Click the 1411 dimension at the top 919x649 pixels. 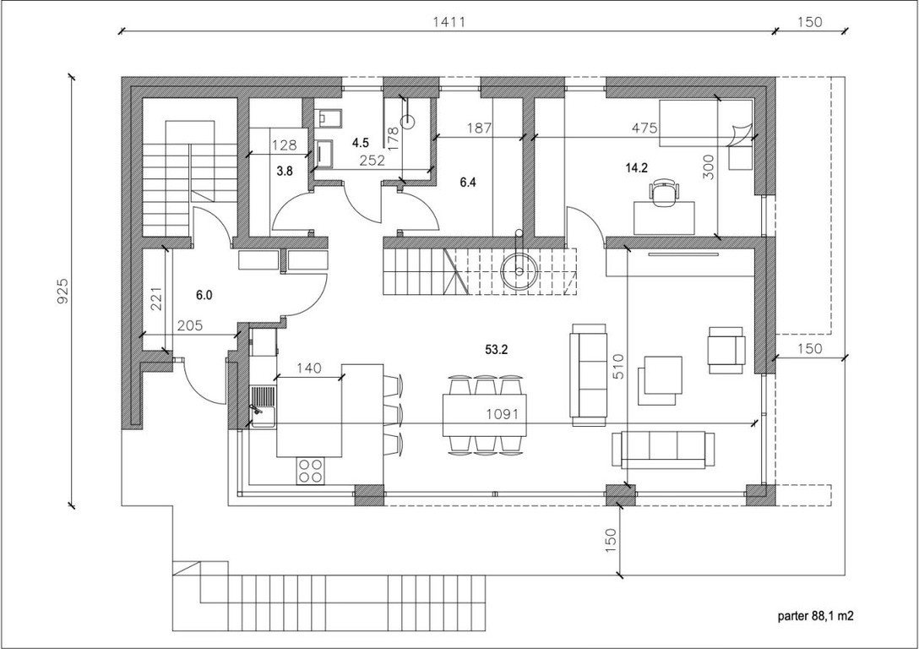(449, 22)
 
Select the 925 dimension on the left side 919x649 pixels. (63, 290)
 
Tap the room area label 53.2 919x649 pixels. (496, 350)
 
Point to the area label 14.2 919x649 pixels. (637, 168)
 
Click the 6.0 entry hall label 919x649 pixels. (204, 296)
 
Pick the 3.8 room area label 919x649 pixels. (285, 172)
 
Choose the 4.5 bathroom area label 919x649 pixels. (361, 143)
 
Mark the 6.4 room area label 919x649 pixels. (468, 183)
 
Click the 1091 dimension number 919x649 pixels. (503, 414)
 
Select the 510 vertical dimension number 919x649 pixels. (619, 367)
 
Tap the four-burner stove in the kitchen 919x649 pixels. (310, 470)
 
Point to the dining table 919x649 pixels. (485, 415)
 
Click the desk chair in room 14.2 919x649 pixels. (664, 193)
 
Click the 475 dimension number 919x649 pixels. (644, 128)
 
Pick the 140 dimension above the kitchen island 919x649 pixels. (309, 368)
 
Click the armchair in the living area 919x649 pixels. (726, 350)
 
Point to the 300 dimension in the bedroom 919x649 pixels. (709, 167)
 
